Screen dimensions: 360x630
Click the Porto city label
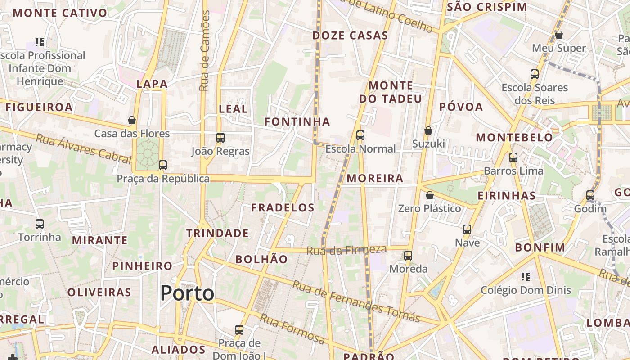187,293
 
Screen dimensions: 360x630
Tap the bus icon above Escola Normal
360,135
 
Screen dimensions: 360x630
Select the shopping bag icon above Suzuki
428,130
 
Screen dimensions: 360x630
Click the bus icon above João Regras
220,138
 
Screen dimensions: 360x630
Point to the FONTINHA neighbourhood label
297,121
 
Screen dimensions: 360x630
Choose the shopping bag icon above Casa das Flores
132,120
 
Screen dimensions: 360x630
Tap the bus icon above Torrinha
40,224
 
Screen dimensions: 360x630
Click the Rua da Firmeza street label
346,250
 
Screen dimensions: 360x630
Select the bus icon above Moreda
408,256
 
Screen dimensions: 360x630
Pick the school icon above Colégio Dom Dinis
526,276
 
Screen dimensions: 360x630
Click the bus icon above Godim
590,195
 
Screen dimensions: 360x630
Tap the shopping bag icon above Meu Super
559,35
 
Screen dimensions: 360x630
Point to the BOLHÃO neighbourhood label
261,259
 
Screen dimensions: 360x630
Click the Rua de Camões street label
205,50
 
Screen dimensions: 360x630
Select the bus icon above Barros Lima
513,157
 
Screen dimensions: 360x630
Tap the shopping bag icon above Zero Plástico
430,195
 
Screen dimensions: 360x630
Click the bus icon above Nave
467,229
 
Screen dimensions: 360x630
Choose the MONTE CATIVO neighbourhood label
60,13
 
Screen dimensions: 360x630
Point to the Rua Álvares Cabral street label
83,147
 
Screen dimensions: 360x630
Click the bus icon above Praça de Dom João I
239,329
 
